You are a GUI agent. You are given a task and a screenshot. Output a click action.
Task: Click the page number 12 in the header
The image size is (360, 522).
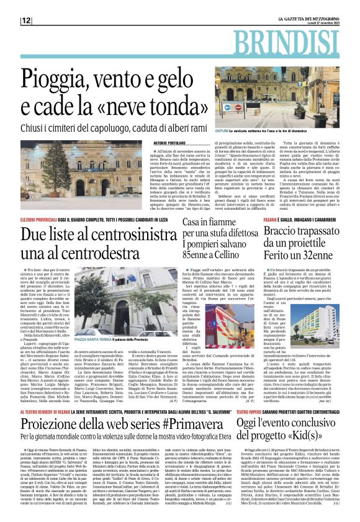click(26, 20)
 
